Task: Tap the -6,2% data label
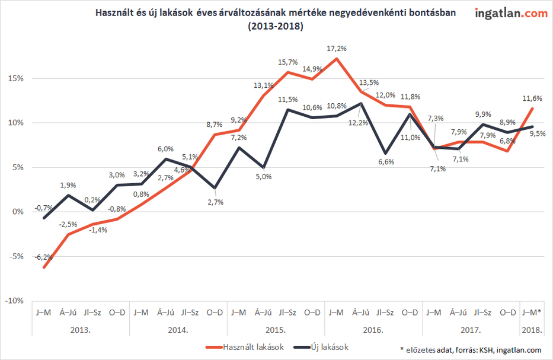click(43, 257)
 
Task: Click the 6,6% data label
click(386, 163)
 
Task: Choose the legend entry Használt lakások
click(251, 347)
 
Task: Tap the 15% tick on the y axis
click(15, 78)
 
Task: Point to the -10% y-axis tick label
click(14, 301)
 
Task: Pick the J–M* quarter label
click(533, 312)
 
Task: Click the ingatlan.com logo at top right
click(511, 13)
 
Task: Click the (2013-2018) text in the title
click(276, 27)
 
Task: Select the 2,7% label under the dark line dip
click(215, 202)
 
